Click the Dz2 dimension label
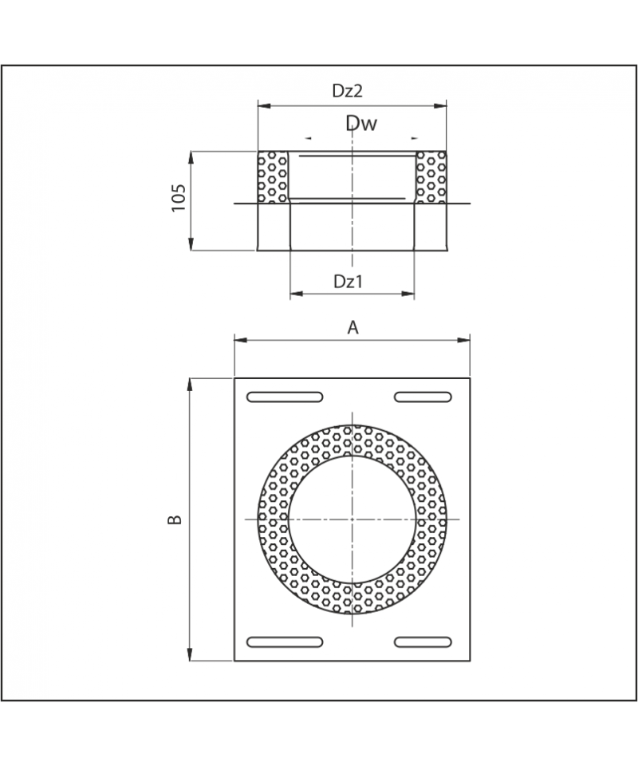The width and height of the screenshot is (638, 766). click(348, 91)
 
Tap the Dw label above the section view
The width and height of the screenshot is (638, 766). click(361, 123)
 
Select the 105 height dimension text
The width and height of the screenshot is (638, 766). click(179, 198)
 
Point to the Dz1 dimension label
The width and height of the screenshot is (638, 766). click(348, 282)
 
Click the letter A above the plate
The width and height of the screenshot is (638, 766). click(352, 327)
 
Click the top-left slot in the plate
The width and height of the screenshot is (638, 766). click(285, 397)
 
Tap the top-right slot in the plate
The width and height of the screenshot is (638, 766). click(423, 397)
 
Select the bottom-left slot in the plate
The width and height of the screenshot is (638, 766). click(285, 642)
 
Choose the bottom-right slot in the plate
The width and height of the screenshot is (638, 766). click(423, 642)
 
